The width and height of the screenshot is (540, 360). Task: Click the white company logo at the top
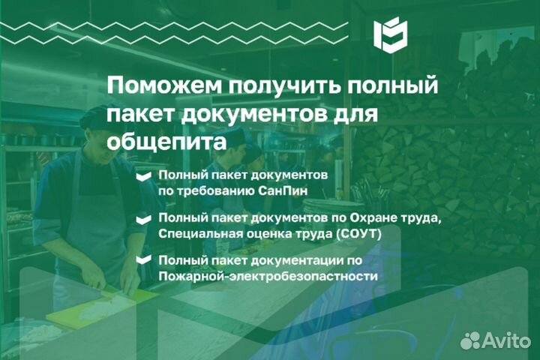391,34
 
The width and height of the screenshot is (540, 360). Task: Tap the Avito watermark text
506,340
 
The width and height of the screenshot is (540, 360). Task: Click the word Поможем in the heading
164,85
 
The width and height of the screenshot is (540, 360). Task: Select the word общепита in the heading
166,142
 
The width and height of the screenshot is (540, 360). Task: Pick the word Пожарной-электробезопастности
268,276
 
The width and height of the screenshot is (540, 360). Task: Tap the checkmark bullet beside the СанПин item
143,176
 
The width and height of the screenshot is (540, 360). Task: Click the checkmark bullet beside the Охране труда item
143,220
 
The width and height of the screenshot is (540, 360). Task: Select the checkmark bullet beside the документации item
143,259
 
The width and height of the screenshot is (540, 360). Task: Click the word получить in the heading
284,87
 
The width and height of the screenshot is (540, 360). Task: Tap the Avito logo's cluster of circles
470,340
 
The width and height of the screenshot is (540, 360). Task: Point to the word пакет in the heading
142,115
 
